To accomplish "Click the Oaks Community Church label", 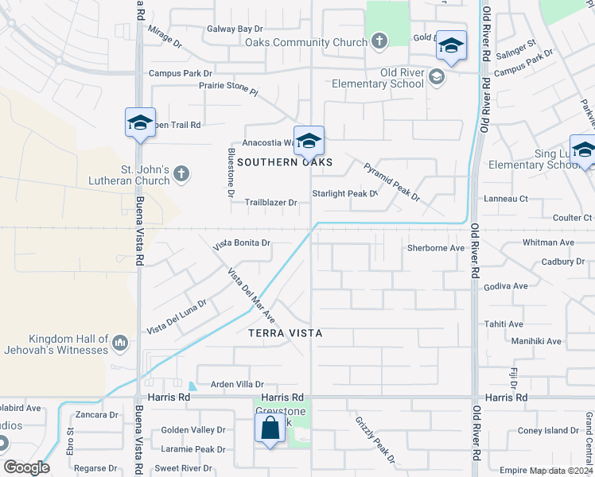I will click(306, 42).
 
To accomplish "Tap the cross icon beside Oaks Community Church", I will click(379, 41).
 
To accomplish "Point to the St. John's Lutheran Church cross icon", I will click(181, 174).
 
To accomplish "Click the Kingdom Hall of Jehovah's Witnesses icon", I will click(120, 343).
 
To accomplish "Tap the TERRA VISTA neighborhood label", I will click(286, 333).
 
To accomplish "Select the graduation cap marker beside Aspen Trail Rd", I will click(140, 123).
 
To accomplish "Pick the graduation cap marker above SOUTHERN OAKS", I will click(309, 142).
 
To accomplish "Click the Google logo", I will click(26, 467).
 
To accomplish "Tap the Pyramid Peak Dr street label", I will click(391, 181).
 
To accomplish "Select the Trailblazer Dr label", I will click(270, 203).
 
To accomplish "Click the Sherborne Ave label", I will click(435, 248).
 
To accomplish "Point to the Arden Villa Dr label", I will click(231, 384).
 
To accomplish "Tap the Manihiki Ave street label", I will click(536, 341).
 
